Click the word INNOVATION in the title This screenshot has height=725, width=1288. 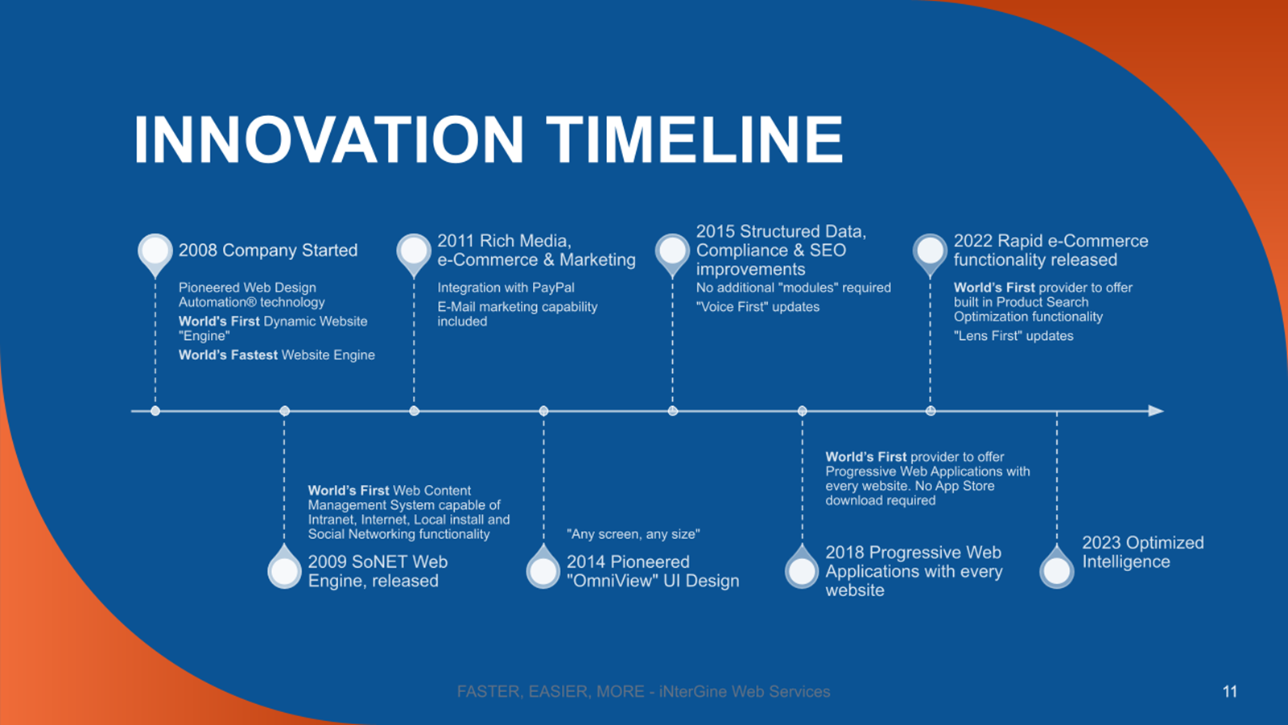[329, 139]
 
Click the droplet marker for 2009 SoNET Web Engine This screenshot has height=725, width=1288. [285, 567]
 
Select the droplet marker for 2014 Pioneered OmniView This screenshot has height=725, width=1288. [543, 567]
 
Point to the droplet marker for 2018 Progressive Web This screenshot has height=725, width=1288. [802, 567]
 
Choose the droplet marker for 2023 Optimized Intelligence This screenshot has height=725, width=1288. [1057, 567]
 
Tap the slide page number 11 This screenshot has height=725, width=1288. [1230, 692]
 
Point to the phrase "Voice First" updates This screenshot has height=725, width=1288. [758, 307]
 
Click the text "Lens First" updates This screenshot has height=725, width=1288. [1013, 335]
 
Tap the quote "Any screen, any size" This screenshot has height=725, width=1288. [633, 535]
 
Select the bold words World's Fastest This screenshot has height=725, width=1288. [229, 355]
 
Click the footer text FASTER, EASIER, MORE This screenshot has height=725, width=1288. [551, 692]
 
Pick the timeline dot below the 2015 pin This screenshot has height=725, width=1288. [673, 411]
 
